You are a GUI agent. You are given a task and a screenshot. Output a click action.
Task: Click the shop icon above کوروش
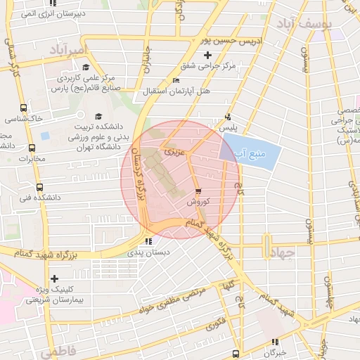pyautogui.click(x=198, y=191)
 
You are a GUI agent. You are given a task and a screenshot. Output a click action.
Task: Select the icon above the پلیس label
pyautogui.click(x=227, y=117)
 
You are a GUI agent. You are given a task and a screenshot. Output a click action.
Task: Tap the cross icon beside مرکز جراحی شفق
pyautogui.click(x=207, y=55)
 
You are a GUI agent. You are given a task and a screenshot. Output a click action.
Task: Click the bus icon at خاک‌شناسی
pyautogui.click(x=24, y=108)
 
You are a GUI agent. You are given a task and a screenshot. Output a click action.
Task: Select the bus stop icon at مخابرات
pyautogui.click(x=32, y=148)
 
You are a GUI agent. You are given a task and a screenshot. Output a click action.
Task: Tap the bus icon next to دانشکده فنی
pyautogui.click(x=39, y=188)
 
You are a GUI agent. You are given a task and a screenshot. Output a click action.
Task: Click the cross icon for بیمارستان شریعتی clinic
pyautogui.click(x=54, y=279)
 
